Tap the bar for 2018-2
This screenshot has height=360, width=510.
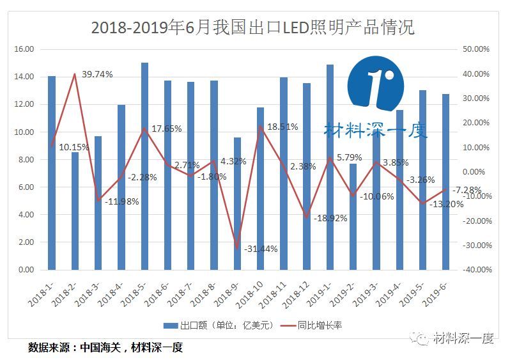pyautogui.click(x=75, y=211)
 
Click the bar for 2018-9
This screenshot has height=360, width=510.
pyautogui.click(x=237, y=203)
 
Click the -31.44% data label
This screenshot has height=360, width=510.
pyautogui.click(x=261, y=249)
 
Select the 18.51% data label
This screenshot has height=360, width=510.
pyautogui.click(x=282, y=127)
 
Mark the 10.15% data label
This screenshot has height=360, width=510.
pyautogui.click(x=74, y=146)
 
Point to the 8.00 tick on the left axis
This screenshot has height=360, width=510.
pyautogui.click(x=26, y=160)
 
